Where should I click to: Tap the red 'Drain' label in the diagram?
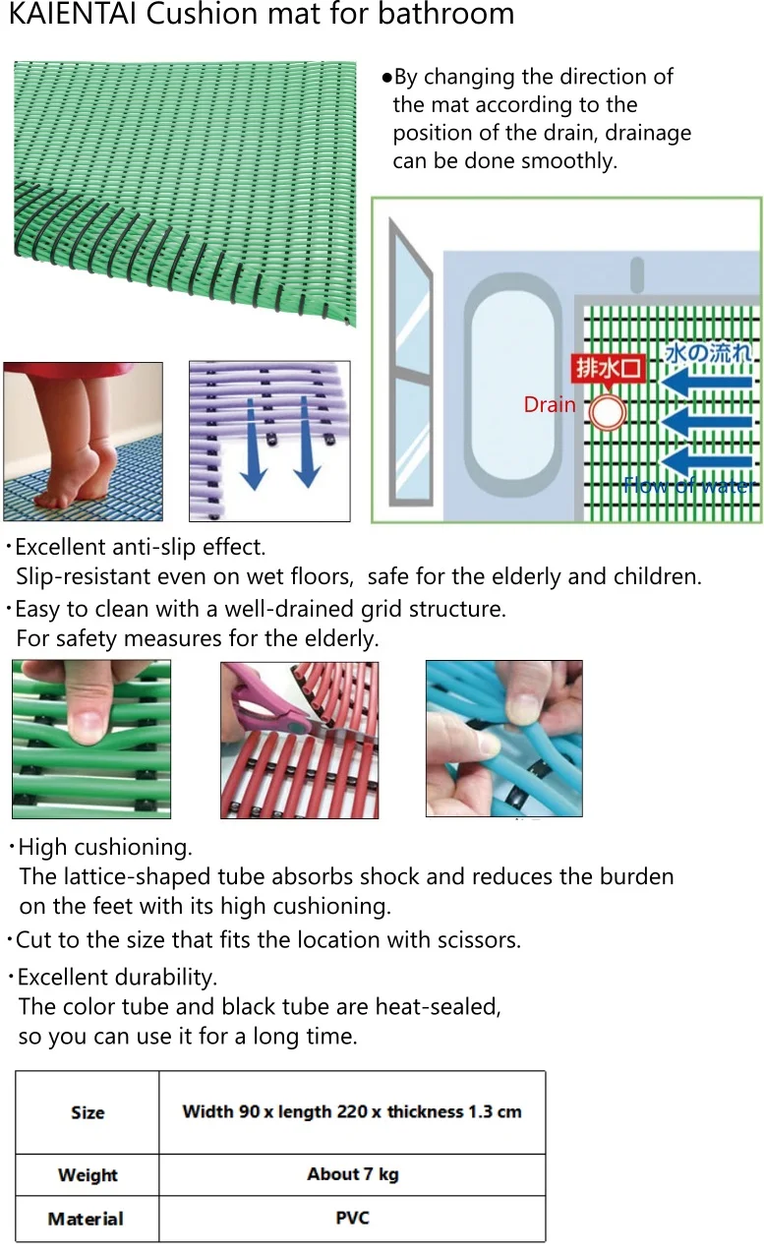pyautogui.click(x=550, y=404)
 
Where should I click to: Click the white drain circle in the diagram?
pyautogui.click(x=608, y=412)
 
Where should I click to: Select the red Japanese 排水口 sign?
pyautogui.click(x=609, y=369)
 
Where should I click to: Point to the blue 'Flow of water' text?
pyautogui.click(x=687, y=485)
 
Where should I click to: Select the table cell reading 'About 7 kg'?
pyautogui.click(x=352, y=1174)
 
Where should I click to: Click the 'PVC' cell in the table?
pyautogui.click(x=352, y=1218)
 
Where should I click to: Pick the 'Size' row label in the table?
pyautogui.click(x=88, y=1112)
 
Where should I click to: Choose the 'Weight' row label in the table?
pyautogui.click(x=88, y=1174)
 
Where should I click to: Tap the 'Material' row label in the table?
pyautogui.click(x=86, y=1219)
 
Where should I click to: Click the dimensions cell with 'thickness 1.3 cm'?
pyautogui.click(x=352, y=1112)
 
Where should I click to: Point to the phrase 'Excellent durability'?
pyautogui.click(x=117, y=978)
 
